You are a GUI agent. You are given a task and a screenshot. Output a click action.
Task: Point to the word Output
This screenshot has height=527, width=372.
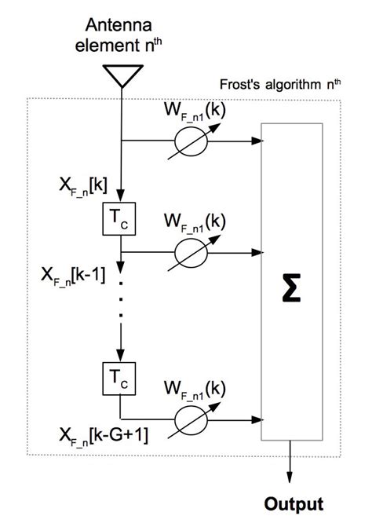(292, 503)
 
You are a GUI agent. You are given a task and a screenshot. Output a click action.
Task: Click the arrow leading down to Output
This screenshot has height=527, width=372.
(292, 471)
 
